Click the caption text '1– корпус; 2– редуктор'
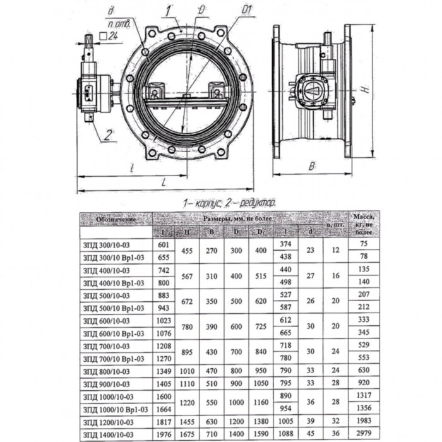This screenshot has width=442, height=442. pos(229,203)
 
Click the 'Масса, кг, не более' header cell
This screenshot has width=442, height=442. pos(362,225)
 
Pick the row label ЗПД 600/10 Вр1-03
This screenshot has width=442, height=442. pos(114,333)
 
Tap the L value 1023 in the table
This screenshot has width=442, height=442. pos(163,321)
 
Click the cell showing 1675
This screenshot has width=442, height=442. pos(188,435)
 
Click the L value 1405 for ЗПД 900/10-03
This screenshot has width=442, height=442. pos(163,385)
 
